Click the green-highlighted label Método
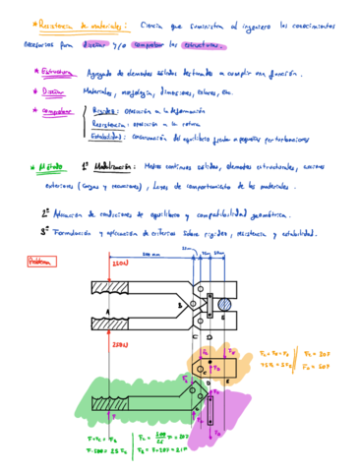[48, 169]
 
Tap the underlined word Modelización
[114, 167]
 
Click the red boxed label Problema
[42, 262]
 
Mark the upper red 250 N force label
[120, 266]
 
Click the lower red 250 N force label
[120, 346]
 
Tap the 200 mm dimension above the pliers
[150, 255]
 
